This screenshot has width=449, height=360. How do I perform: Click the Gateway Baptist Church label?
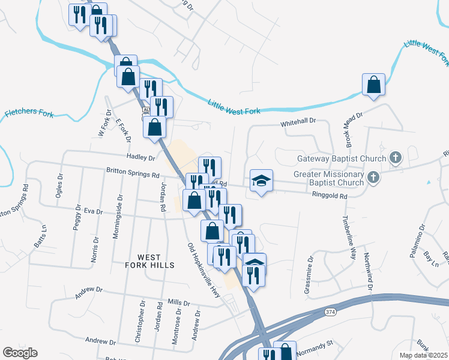(x=340, y=159)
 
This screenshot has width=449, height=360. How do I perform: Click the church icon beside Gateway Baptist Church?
(x=395, y=158)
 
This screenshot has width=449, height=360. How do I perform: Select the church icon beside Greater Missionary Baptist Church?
(x=373, y=177)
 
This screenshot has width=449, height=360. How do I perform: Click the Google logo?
(x=20, y=353)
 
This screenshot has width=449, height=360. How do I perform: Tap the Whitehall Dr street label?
(x=298, y=122)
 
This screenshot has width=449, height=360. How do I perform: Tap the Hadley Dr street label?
(x=141, y=157)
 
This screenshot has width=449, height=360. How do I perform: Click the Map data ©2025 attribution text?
(x=424, y=355)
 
